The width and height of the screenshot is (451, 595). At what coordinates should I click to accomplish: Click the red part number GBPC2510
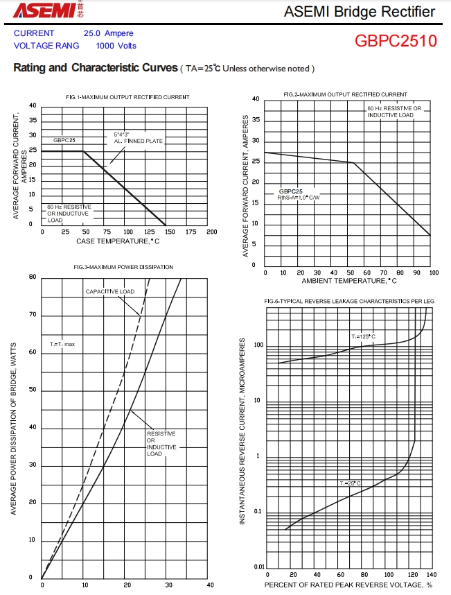pos(396,40)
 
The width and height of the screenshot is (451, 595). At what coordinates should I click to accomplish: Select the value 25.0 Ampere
pos(108,33)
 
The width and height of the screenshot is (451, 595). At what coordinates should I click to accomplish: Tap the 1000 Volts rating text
pos(116,46)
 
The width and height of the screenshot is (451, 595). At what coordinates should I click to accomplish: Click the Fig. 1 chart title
pos(127,96)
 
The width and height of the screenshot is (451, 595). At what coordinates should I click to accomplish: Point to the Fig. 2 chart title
pos(346,94)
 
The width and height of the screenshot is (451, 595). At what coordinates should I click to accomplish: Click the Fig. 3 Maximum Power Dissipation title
pos(123,267)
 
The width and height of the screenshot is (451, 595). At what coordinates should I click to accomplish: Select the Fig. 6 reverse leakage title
pos(349,301)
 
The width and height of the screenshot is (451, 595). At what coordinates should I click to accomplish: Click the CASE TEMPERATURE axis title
pos(118,241)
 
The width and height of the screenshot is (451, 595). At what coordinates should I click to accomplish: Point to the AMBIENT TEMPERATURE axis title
pos(349,281)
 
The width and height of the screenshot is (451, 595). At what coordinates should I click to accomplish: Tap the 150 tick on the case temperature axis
pos(170,232)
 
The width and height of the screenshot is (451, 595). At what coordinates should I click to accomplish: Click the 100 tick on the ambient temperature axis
pos(433,273)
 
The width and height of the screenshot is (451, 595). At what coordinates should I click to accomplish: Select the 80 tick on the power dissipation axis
pos(33,277)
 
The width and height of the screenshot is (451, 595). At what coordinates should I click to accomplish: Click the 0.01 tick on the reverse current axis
pos(259,567)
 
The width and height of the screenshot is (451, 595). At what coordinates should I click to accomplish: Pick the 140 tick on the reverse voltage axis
pos(432,575)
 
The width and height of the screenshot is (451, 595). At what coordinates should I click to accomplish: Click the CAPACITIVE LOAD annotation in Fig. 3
pos(110,291)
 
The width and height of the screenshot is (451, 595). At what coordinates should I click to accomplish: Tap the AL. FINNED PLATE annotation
pos(139,141)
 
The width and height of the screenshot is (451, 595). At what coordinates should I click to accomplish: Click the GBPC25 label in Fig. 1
pos(64,140)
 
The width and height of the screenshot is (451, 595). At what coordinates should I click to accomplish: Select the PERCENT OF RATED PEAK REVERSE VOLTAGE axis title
pos(348,585)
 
